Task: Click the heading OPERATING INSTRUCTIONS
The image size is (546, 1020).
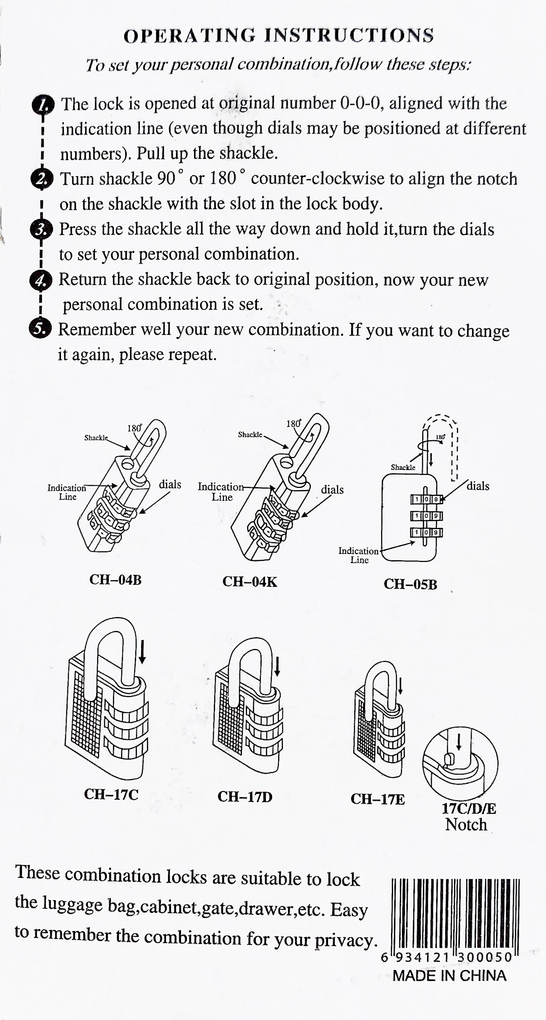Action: coord(278,35)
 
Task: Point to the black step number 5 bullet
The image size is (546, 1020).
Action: coord(39,329)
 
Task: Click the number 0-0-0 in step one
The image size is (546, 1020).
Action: coord(361,103)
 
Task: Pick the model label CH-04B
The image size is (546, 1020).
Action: coord(115,580)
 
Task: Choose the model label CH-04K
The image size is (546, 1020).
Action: coord(249,582)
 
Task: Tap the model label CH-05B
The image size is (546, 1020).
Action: coord(410,584)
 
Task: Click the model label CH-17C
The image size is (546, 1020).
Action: coord(111,794)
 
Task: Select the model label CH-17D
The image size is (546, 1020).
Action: coord(244,796)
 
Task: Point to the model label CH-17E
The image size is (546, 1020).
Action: coord(377,799)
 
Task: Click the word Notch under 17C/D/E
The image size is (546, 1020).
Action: coord(466,824)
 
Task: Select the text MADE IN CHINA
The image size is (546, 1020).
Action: coord(449,975)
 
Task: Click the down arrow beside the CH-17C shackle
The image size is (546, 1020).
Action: coord(142,651)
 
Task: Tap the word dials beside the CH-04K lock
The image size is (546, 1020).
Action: coord(332,490)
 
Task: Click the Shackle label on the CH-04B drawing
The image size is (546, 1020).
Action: coord(96,438)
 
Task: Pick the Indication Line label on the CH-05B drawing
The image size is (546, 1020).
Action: coord(359,555)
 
